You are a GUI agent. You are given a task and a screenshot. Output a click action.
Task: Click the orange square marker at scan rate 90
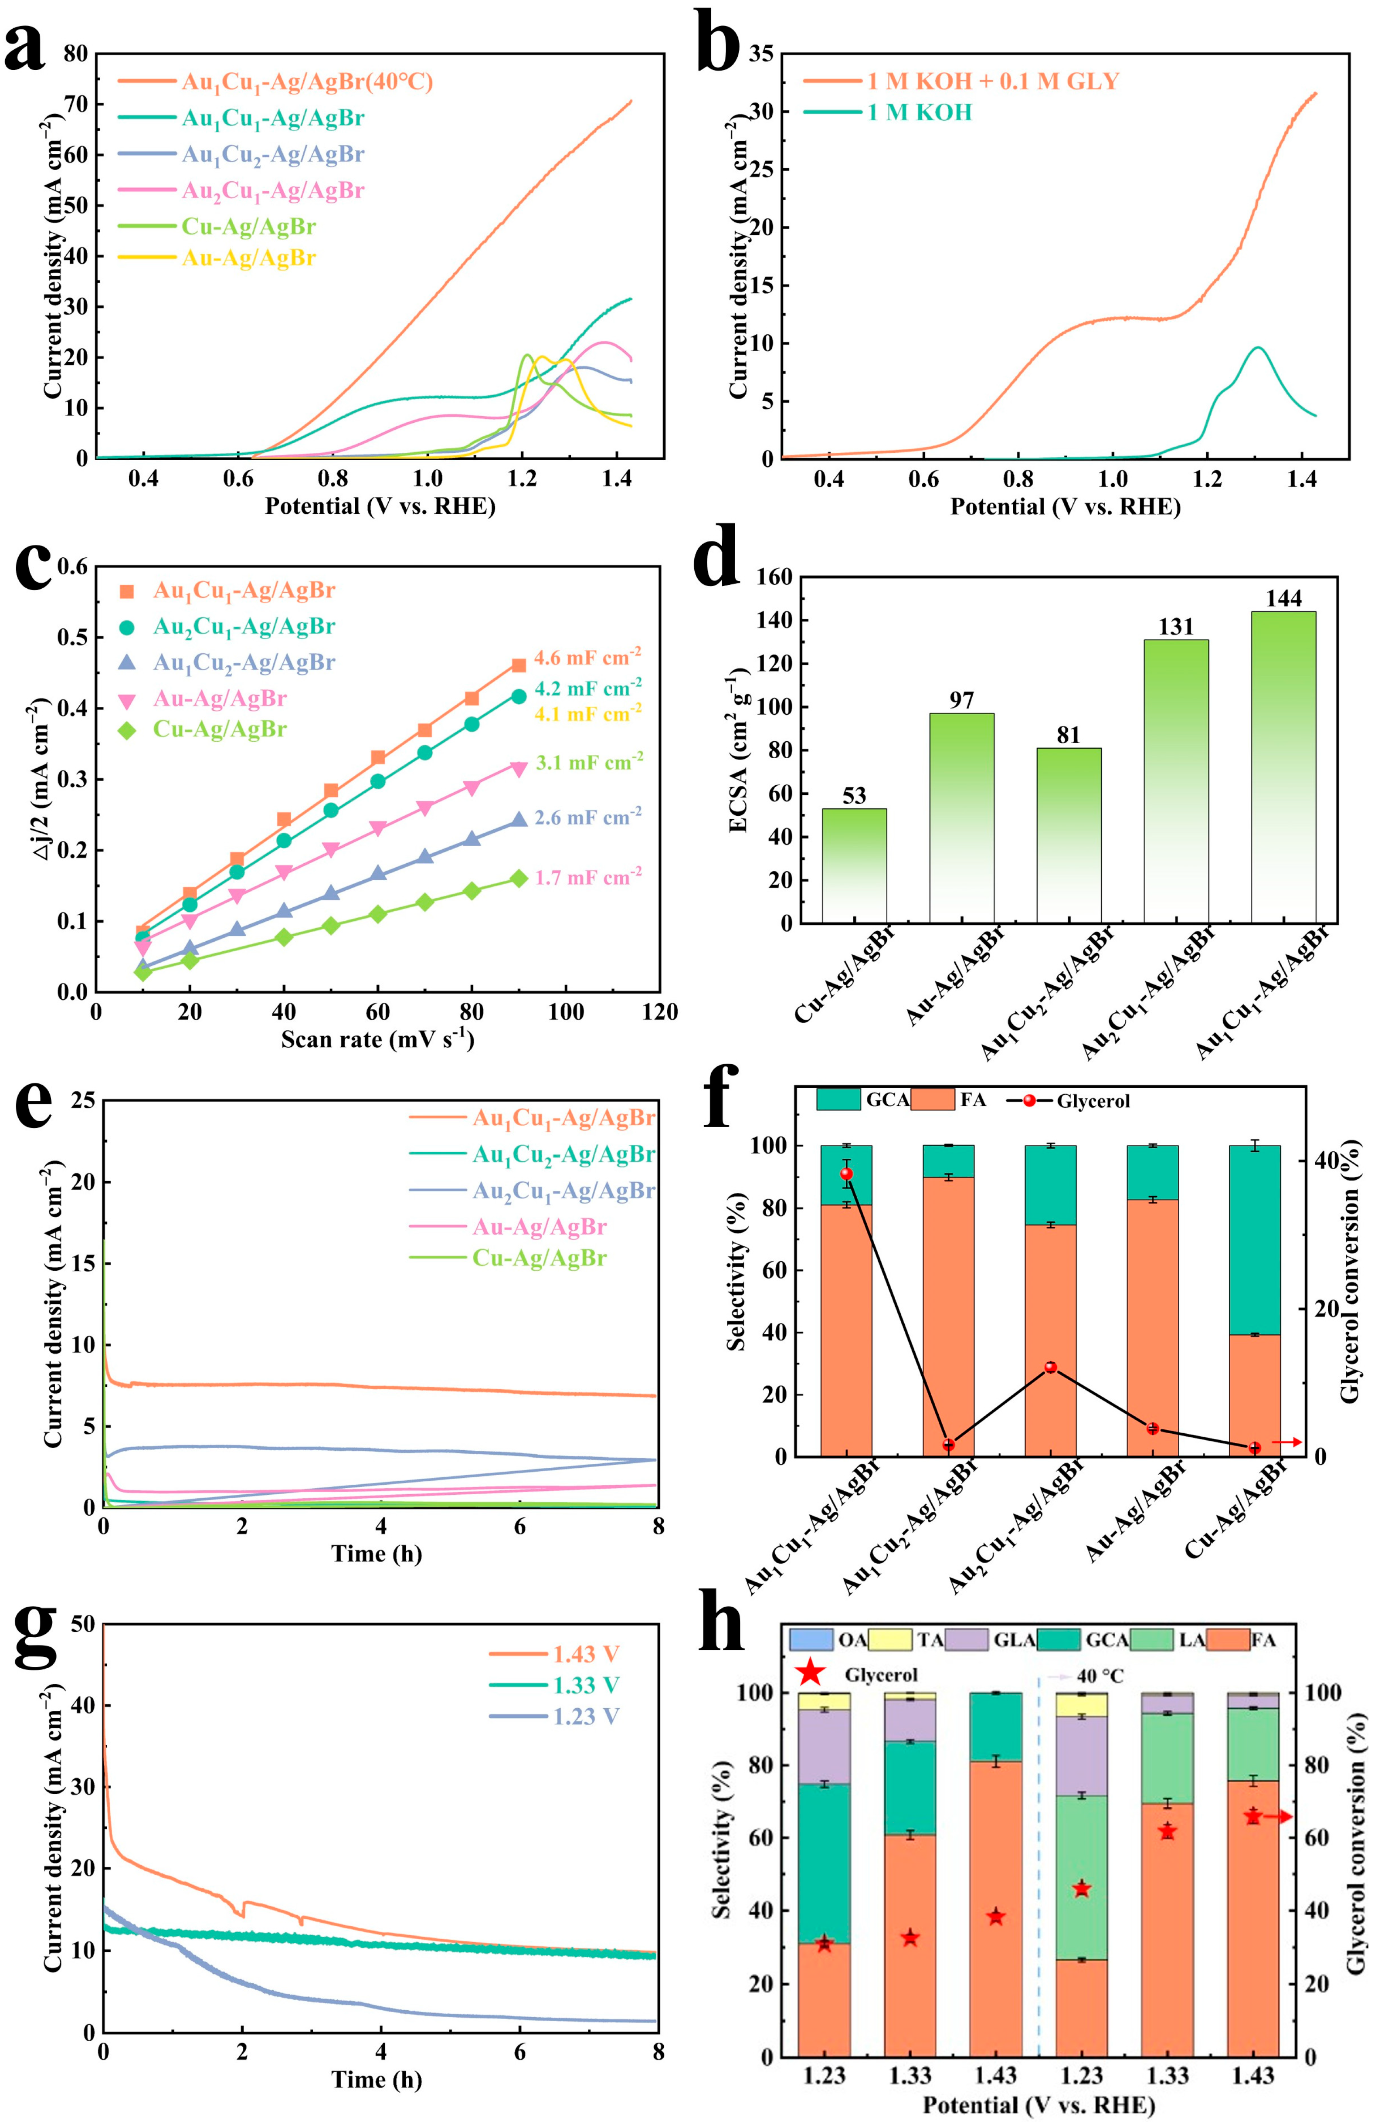click(519, 665)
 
